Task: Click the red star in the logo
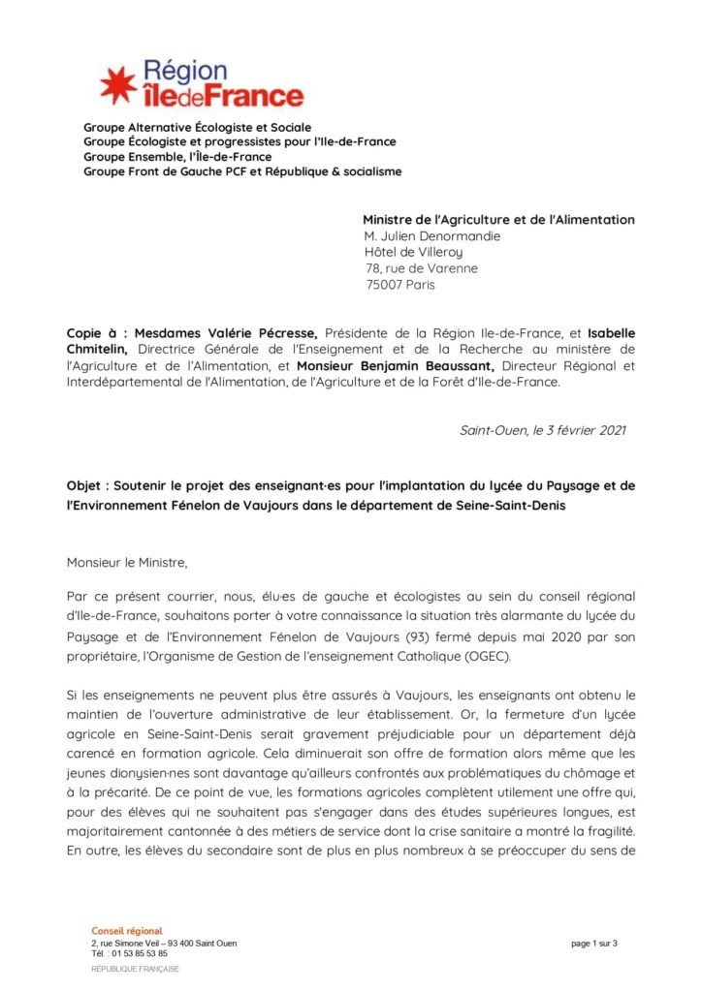click(x=118, y=85)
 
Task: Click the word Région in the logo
click(x=185, y=71)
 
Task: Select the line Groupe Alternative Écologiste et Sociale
click(x=197, y=127)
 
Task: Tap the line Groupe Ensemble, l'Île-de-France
click(x=176, y=157)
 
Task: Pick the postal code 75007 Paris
click(x=400, y=285)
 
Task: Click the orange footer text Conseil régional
click(x=127, y=931)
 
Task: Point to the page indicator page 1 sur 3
click(x=594, y=944)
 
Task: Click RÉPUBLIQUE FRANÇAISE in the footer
click(x=135, y=969)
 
